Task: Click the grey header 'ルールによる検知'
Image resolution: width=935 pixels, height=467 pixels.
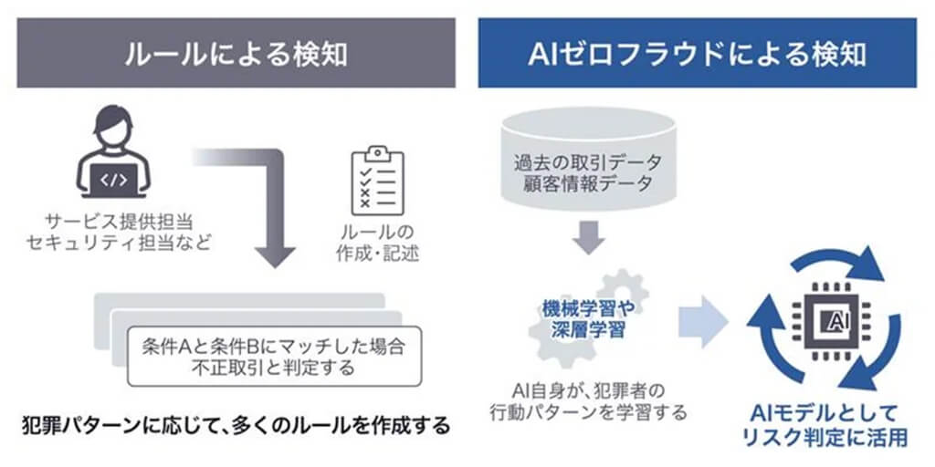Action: (x=236, y=54)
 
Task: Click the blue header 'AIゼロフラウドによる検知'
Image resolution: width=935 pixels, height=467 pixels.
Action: (x=697, y=54)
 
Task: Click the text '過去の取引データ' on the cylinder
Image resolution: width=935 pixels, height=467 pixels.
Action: (x=586, y=163)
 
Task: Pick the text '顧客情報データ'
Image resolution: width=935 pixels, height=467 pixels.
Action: (x=586, y=186)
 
